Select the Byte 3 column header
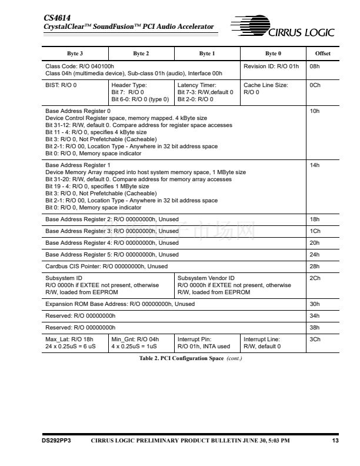click(75, 54)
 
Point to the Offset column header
click(322, 54)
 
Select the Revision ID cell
click(271, 66)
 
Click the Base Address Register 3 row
click(112, 231)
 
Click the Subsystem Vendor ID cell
click(234, 285)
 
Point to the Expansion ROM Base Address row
click(120, 304)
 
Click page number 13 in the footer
click(335, 440)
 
